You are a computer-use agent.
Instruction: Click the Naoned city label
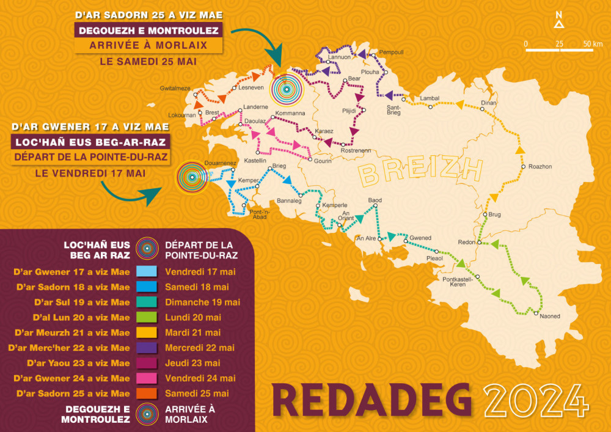coord(550,316)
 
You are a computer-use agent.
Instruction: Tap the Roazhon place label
coord(540,166)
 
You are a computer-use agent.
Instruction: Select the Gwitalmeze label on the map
coord(175,88)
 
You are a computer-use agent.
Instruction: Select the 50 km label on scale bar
coord(592,44)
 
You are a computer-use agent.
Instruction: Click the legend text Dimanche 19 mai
coord(202,302)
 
